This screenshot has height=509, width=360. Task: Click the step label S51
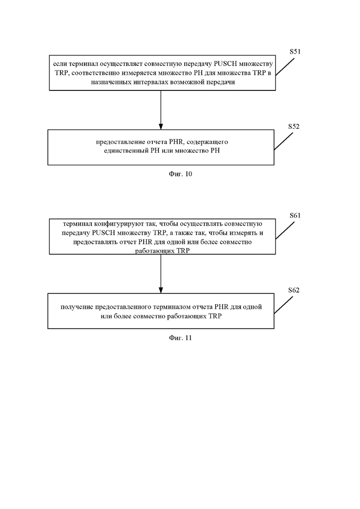coord(295,52)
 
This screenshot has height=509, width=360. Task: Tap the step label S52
coord(294,126)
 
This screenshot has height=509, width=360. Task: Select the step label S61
coord(295,216)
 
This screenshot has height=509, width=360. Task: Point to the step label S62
coord(294,290)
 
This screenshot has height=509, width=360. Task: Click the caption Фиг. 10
coord(180,174)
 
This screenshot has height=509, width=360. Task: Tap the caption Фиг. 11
coord(180,338)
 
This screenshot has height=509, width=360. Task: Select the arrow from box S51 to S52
coord(161,110)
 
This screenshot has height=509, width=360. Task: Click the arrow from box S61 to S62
coord(161,274)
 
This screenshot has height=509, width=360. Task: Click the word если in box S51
coord(60,64)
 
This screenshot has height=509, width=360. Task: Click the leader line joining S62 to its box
coord(283,305)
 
